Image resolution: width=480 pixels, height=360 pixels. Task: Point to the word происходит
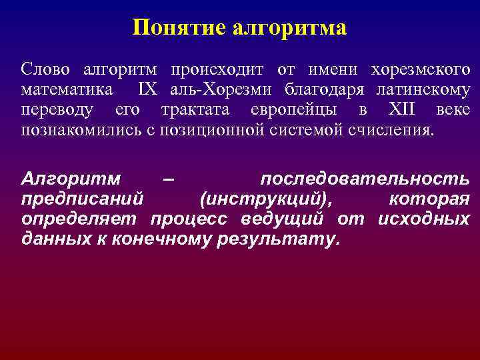click(217, 69)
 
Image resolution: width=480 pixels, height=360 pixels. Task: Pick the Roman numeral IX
click(147, 89)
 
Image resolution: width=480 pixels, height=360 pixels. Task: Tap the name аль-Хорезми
click(222, 89)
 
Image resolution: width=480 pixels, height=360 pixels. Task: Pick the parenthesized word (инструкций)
click(267, 199)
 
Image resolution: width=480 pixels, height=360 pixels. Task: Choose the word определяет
click(79, 219)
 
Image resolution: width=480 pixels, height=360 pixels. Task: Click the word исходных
click(423, 219)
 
